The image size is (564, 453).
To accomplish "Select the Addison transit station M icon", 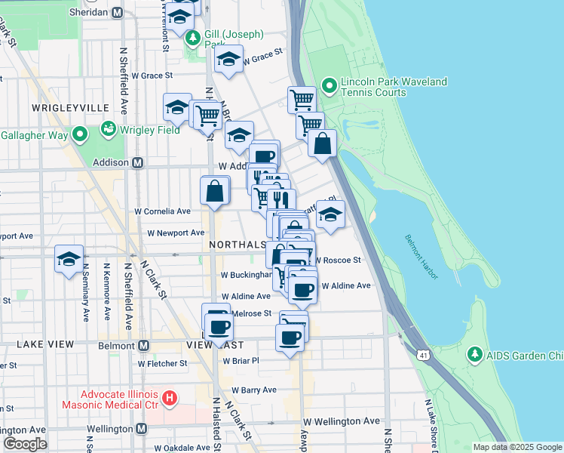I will [x=138, y=162].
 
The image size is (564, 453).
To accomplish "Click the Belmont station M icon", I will [x=143, y=345].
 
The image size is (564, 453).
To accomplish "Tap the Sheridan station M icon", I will [x=117, y=13].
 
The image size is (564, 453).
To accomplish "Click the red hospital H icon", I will [x=170, y=396].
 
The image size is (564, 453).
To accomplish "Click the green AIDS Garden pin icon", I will [x=474, y=353].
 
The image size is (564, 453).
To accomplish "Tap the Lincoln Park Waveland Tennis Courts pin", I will [x=330, y=85].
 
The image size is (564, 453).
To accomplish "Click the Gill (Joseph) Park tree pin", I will [x=194, y=37].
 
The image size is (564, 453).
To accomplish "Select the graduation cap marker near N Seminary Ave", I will [x=69, y=259].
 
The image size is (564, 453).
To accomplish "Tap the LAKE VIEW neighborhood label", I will [x=45, y=344].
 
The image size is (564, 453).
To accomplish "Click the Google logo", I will [x=24, y=444].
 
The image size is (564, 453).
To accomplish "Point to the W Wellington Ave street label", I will [x=342, y=421].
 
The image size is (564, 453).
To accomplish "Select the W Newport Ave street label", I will [x=176, y=233].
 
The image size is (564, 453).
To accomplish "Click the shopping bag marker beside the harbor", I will [x=322, y=143].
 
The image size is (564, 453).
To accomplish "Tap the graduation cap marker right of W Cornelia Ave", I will [x=330, y=214].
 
